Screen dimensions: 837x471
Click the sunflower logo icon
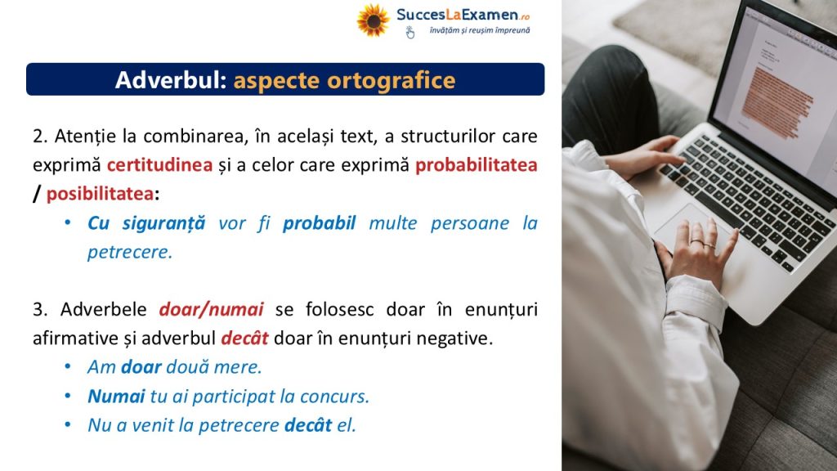[x=373, y=20]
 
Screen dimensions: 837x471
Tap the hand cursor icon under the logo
[x=410, y=33]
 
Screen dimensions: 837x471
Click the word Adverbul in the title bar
[x=171, y=80]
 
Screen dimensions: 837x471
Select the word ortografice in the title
[x=392, y=81]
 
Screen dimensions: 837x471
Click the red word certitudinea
[x=159, y=165]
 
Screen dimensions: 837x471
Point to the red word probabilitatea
[x=477, y=165]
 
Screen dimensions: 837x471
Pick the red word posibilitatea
[x=100, y=194]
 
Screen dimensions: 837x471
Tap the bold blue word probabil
[x=320, y=223]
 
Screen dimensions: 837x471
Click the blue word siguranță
[x=163, y=223]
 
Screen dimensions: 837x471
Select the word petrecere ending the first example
[x=130, y=252]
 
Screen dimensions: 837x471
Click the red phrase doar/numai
[x=212, y=310]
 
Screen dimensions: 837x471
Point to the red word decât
[x=244, y=338]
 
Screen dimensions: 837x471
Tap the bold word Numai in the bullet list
[x=116, y=397]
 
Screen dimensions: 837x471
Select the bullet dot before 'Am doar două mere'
[x=68, y=367]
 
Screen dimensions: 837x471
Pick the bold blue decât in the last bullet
[x=308, y=425]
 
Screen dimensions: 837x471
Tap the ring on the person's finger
[x=697, y=241]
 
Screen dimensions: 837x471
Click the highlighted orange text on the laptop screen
[x=777, y=101]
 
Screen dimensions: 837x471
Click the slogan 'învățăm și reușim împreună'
[x=479, y=30]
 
